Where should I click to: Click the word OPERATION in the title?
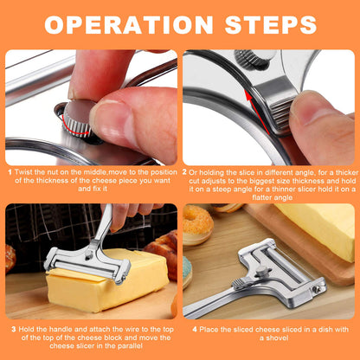point(132,23)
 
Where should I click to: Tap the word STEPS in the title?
point(268,23)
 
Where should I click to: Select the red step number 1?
point(10,172)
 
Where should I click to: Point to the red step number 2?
point(186,172)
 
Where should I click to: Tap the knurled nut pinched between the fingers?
point(78,120)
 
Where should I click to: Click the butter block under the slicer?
point(104,281)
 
